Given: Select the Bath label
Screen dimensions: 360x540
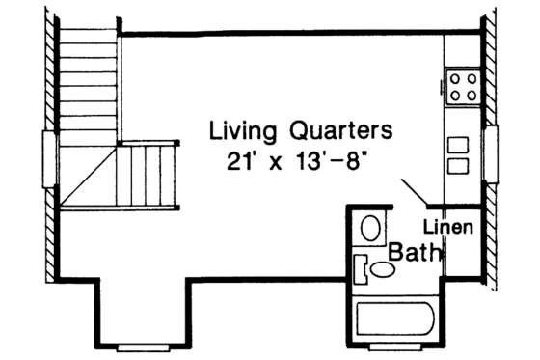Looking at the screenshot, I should click(x=416, y=253).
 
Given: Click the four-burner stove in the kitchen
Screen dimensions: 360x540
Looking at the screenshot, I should click(x=461, y=85).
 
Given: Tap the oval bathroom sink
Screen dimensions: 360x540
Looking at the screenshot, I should click(x=382, y=271).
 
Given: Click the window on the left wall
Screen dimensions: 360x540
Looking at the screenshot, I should click(x=49, y=154).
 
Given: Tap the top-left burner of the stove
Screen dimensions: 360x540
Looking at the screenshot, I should click(x=453, y=77).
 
